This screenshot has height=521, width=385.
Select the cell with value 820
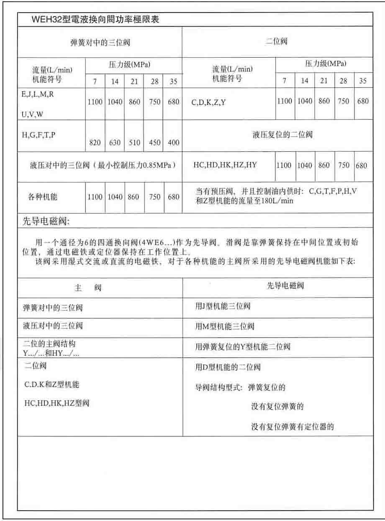click(x=95, y=143)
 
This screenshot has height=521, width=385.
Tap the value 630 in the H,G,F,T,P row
click(x=115, y=143)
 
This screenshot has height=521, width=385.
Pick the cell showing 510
click(x=134, y=143)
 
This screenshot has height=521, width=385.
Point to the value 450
click(x=154, y=143)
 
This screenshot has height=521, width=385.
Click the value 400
click(x=173, y=143)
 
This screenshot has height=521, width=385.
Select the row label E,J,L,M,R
click(x=37, y=94)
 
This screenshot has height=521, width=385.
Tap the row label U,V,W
click(x=31, y=114)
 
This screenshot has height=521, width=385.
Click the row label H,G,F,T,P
click(x=38, y=135)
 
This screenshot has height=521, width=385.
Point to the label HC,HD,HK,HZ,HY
click(x=225, y=165)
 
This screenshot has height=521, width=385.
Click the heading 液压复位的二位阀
click(x=282, y=135)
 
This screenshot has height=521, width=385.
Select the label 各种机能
click(x=43, y=197)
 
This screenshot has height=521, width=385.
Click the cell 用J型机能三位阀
click(x=223, y=306)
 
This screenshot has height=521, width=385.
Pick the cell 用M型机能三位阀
click(x=224, y=326)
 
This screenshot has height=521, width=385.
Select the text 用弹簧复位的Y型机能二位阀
click(x=243, y=347)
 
